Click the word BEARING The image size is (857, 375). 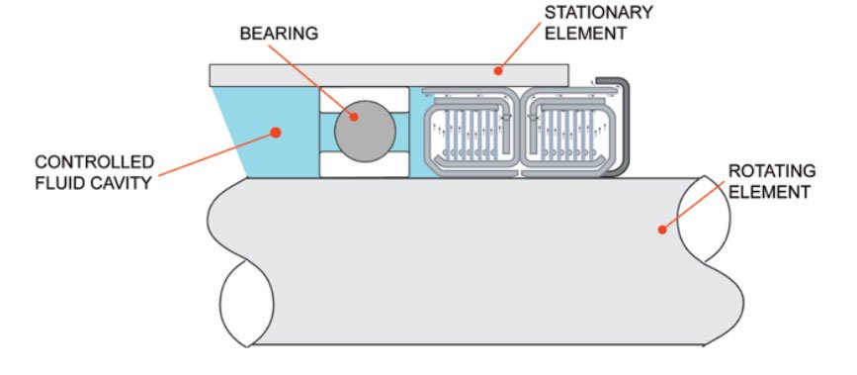tap(278, 34)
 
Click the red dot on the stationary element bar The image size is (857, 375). tap(498, 71)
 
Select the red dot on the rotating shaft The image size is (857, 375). tap(661, 229)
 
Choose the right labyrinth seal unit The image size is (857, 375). tap(564, 134)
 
